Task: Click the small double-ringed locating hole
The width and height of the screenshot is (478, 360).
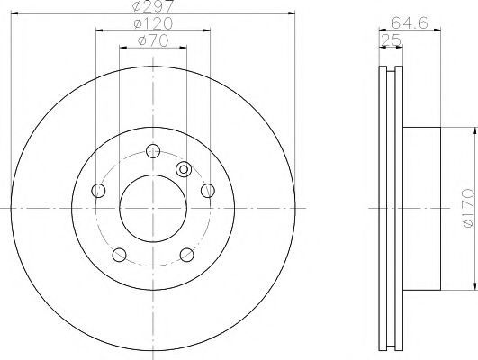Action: [184, 168]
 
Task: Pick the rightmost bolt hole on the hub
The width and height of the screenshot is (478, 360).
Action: [207, 190]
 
